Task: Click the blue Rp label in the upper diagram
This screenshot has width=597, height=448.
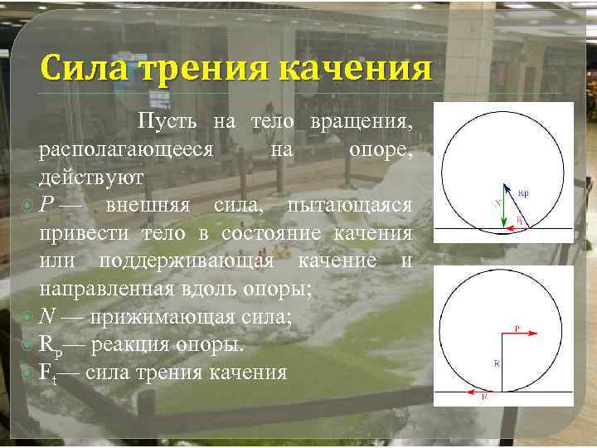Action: tap(523, 193)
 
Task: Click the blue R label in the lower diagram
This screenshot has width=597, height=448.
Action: tap(497, 363)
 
